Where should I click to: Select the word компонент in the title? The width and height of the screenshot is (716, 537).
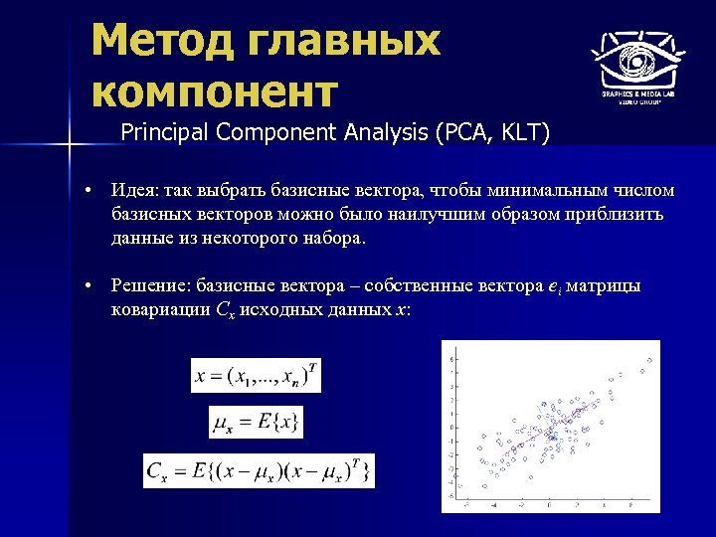(x=214, y=91)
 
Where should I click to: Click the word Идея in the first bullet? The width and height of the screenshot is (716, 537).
(x=134, y=191)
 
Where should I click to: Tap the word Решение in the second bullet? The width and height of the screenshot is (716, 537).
(x=150, y=286)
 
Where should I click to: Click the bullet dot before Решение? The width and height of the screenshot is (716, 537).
(x=89, y=286)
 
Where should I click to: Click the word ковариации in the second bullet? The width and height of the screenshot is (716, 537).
(x=159, y=309)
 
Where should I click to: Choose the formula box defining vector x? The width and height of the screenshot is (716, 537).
(x=257, y=376)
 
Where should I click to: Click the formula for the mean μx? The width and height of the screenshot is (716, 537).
(x=256, y=423)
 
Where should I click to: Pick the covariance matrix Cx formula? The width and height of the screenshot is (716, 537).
(x=259, y=470)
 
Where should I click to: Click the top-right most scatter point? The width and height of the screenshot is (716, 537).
(x=650, y=359)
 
